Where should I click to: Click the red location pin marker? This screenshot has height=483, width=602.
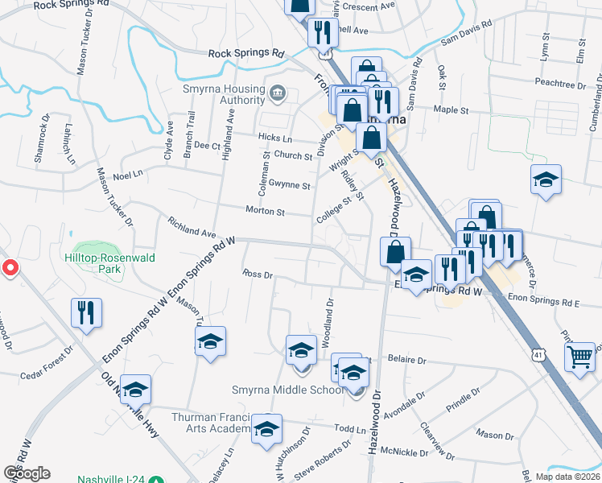click(x=10, y=268)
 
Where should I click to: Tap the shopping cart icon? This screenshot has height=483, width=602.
click(x=580, y=356)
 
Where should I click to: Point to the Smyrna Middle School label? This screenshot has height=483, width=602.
click(x=275, y=390)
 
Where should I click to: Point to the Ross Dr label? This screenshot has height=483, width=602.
click(x=258, y=274)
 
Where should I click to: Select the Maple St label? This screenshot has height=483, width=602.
click(x=451, y=109)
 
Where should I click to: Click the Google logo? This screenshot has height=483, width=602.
click(x=27, y=473)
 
